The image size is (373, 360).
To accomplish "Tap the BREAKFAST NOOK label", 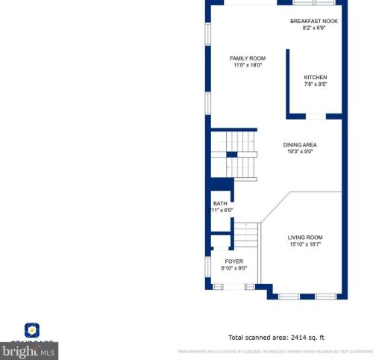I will [314, 21].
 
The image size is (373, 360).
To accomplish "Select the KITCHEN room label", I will [315, 78].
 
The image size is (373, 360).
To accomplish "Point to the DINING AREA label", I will [300, 145].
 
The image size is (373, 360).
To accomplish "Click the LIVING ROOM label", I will [305, 238].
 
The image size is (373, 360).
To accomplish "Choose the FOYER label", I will [234, 261].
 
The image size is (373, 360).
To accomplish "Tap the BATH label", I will [220, 203].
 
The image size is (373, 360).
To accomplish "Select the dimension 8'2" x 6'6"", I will [314, 28].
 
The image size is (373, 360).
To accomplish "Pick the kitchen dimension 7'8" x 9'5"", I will [315, 84].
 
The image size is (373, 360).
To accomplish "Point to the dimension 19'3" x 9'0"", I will [300, 152].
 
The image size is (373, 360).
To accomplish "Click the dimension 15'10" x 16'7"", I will [305, 244].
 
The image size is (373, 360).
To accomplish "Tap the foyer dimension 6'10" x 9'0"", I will [234, 268].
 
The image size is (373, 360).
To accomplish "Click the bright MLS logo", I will [29, 350].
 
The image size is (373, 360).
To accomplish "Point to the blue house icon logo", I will [31, 329].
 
